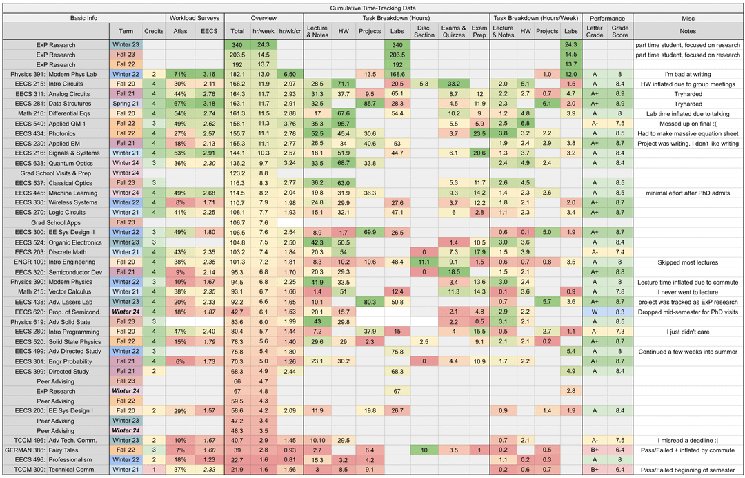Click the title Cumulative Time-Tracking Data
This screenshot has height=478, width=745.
372,6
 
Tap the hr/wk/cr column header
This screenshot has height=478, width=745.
290,31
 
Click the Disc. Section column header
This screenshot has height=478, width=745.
424,31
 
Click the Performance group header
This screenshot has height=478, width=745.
608,18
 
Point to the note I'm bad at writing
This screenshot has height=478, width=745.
688,74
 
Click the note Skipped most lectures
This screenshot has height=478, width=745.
688,262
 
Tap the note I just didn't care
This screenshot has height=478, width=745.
688,332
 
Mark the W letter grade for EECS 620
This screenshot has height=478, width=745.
595,312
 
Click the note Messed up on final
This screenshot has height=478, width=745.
688,124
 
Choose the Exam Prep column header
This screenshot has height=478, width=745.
479,31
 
